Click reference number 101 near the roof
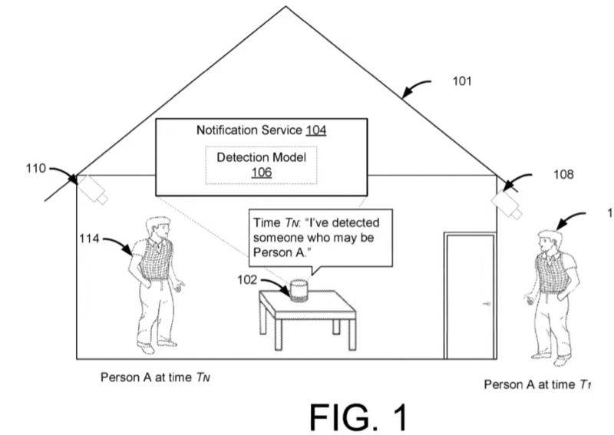462,81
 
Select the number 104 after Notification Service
315,130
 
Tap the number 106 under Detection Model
261,173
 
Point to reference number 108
563,175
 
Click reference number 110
35,167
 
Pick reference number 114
89,239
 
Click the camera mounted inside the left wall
94,188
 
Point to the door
469,295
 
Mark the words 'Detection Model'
261,157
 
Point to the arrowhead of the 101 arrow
403,96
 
